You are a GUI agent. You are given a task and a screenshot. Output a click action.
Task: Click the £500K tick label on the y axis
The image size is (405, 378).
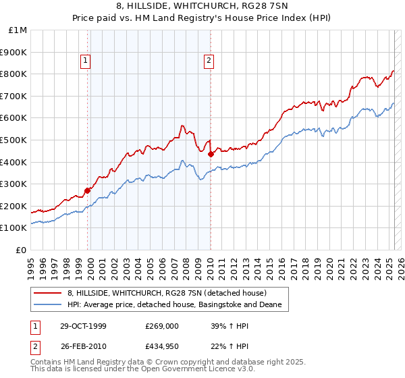pyautogui.click(x=14, y=140)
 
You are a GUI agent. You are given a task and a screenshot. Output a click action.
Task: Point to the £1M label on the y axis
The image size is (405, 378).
pyautogui.click(x=18, y=30)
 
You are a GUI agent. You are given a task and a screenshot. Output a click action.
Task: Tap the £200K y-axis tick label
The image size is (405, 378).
pyautogui.click(x=14, y=206)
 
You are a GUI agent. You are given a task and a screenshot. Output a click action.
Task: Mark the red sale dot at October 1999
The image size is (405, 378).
pyautogui.click(x=88, y=190)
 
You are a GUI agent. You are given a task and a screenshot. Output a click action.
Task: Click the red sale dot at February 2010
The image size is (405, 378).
pyautogui.click(x=211, y=154)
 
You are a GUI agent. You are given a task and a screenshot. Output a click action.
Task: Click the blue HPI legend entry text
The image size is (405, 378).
pyautogui.click(x=178, y=305)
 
